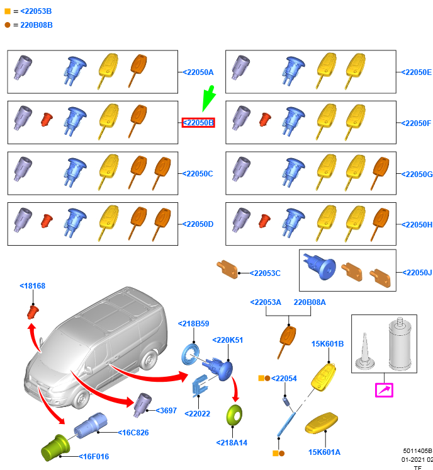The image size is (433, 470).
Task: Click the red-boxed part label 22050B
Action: coord(198,122)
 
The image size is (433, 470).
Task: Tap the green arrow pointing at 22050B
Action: coord(207,101)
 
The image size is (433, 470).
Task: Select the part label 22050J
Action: coord(417,272)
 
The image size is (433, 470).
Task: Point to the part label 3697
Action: coord(166,410)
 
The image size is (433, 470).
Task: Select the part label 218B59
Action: coord(193,323)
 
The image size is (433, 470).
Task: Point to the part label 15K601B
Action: coord(327,344)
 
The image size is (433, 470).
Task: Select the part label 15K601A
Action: coord(324,452)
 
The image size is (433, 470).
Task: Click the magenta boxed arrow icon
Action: coord(384,390)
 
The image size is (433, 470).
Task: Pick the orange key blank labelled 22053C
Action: coord(227,269)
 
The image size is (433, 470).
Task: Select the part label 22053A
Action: coord(266,302)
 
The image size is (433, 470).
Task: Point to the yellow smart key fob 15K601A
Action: coord(323,425)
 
